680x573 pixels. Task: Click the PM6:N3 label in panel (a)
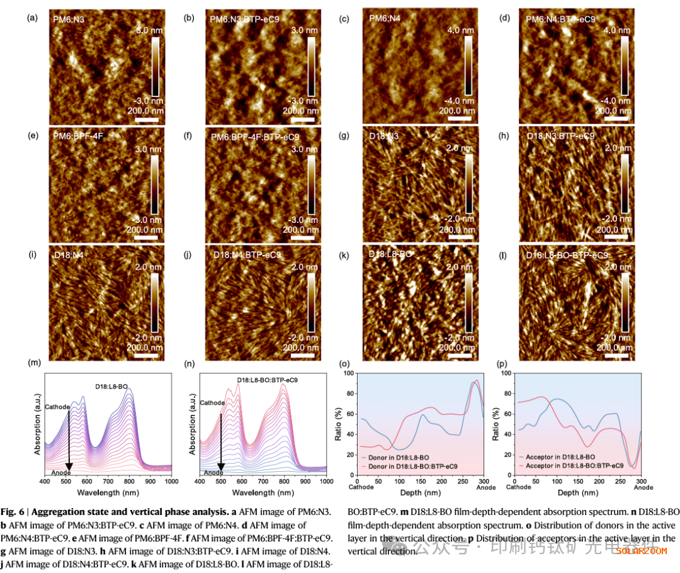point(69,20)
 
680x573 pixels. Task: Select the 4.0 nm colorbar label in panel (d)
point(617,30)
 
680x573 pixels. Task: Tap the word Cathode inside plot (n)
point(212,403)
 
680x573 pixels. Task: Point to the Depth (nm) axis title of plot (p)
point(580,492)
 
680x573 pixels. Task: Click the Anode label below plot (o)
point(485,487)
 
